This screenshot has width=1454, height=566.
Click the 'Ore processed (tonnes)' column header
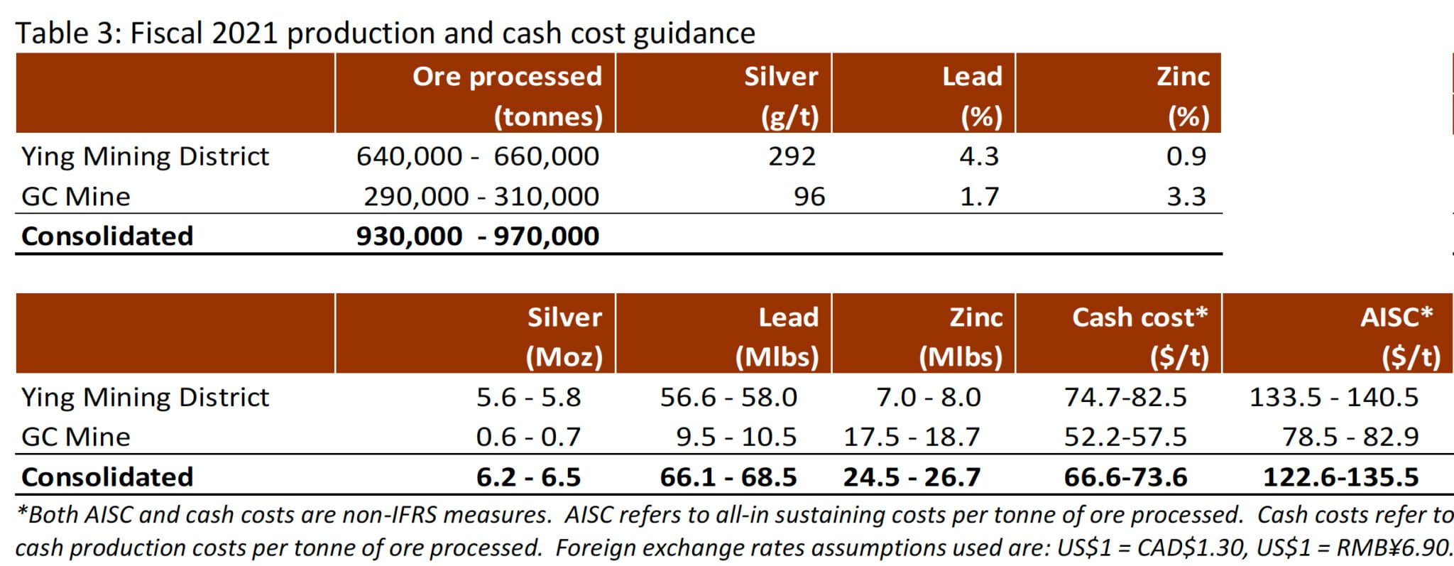[x=507, y=95]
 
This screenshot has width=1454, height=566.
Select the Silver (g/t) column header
[x=781, y=95]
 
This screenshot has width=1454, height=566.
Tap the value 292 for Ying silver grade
[x=792, y=156]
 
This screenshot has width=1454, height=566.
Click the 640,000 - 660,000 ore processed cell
[x=477, y=156]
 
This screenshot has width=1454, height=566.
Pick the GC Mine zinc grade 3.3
[x=1186, y=197]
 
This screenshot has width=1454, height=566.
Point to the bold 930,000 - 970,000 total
[x=477, y=236]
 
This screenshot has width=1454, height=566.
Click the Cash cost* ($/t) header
[x=1139, y=336]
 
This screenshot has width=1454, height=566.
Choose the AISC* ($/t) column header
[x=1396, y=336]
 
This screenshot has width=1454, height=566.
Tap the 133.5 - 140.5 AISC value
[x=1333, y=397]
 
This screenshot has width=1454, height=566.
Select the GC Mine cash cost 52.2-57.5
[x=1125, y=437]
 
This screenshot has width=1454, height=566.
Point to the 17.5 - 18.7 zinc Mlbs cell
[x=911, y=437]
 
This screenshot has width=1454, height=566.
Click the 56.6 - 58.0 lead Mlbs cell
[x=728, y=397]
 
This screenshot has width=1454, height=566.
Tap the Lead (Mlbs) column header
[x=777, y=336]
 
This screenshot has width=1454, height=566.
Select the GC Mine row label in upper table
[x=75, y=197]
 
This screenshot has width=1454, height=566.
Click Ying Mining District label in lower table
[x=145, y=397]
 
